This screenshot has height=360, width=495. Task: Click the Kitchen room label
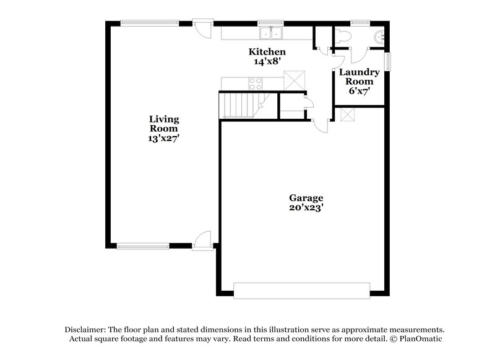pyautogui.click(x=267, y=51)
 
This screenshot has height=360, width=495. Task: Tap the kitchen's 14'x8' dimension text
pyautogui.click(x=267, y=61)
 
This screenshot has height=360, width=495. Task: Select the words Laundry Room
pyautogui.click(x=359, y=77)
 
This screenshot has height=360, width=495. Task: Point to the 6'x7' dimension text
pyautogui.click(x=359, y=91)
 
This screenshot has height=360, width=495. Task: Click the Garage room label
pyautogui.click(x=306, y=198)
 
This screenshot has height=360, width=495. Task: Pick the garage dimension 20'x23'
pyautogui.click(x=306, y=208)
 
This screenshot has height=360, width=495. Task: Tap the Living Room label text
pyautogui.click(x=164, y=124)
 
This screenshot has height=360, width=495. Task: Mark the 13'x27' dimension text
pyautogui.click(x=164, y=139)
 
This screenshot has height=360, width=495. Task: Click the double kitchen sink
pyautogui.click(x=270, y=33)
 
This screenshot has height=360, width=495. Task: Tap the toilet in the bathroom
pyautogui.click(x=343, y=37)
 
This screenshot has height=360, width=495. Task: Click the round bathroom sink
pyautogui.click(x=380, y=35)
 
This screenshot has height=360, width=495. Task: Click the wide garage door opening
pyautogui.click(x=302, y=289)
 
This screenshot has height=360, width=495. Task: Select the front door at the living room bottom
pyautogui.click(x=201, y=241)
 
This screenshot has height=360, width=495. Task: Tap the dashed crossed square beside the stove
pyautogui.click(x=295, y=80)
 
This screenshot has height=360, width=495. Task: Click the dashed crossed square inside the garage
pyautogui.click(x=347, y=115)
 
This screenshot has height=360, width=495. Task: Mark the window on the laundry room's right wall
pyautogui.click(x=389, y=61)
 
